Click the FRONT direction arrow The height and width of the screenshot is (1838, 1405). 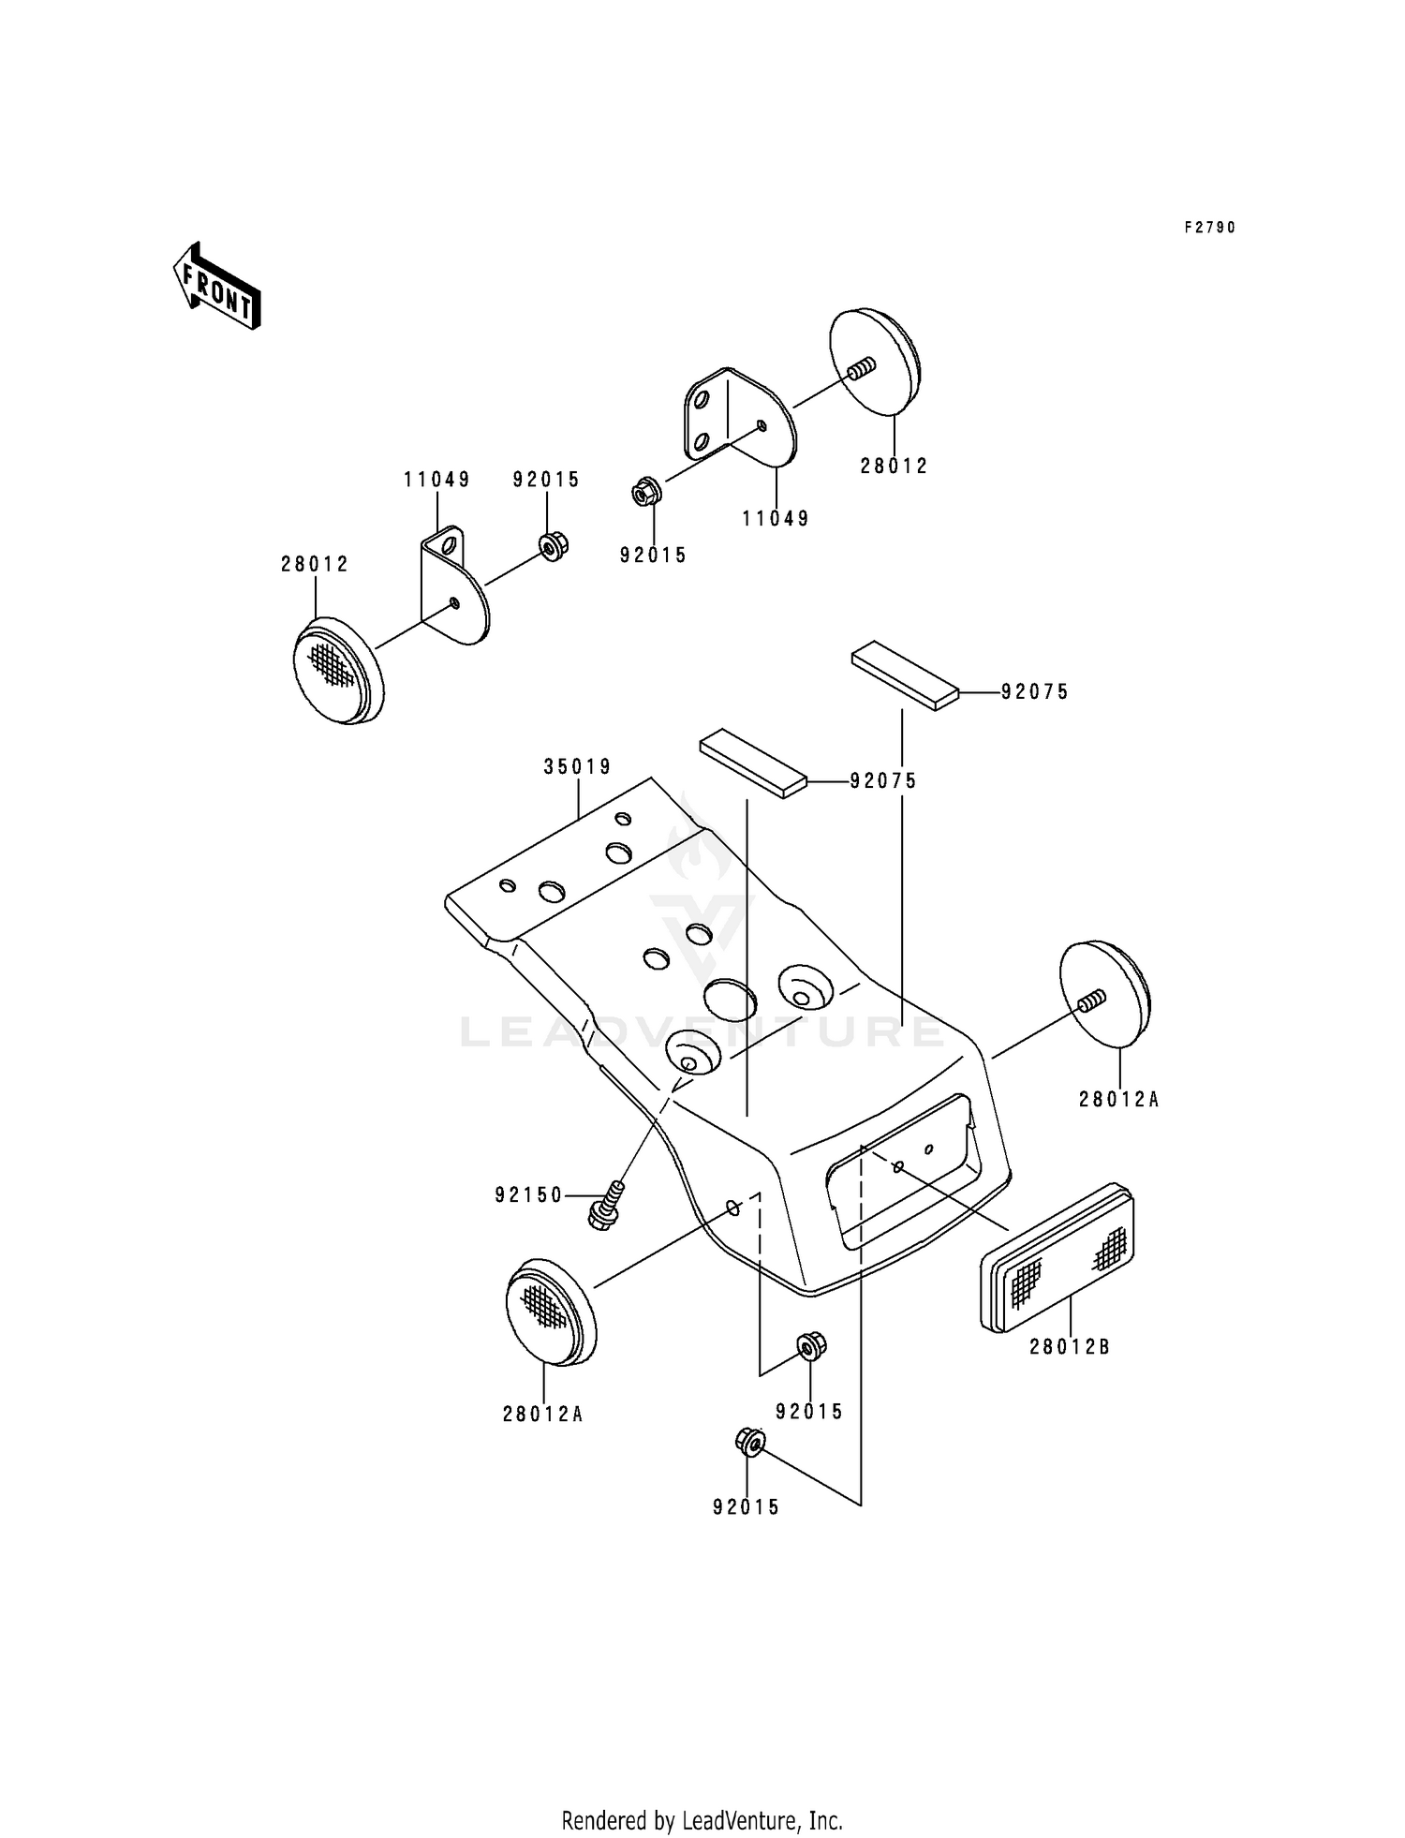pyautogui.click(x=215, y=286)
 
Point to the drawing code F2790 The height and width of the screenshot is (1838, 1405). pyautogui.click(x=1209, y=228)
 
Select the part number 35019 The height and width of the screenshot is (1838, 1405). pyautogui.click(x=577, y=767)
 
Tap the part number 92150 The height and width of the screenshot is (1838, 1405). pyautogui.click(x=528, y=1195)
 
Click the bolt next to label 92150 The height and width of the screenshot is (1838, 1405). pyautogui.click(x=604, y=1206)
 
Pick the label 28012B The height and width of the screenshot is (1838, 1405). pyautogui.click(x=1069, y=1347)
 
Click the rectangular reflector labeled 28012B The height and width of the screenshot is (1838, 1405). pyautogui.click(x=1057, y=1257)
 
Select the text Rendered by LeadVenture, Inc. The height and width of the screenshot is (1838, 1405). pyautogui.click(x=702, y=1794)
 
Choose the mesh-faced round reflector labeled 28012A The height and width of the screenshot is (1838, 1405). pyautogui.click(x=550, y=1312)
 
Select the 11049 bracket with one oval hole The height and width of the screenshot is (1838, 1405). pyautogui.click(x=453, y=586)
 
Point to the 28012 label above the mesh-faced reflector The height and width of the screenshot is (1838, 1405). pyautogui.click(x=315, y=565)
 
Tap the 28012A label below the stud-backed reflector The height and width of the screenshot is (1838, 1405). pyautogui.click(x=1118, y=1100)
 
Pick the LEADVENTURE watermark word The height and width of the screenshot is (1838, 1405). pyautogui.click(x=702, y=1032)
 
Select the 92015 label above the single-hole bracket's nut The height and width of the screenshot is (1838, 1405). pyautogui.click(x=546, y=481)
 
